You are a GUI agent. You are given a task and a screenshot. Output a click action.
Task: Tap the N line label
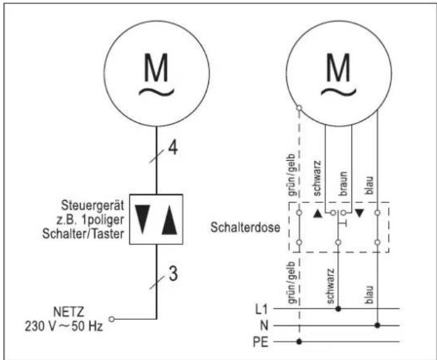point(261,324)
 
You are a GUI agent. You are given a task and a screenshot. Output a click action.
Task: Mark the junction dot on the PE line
point(299,341)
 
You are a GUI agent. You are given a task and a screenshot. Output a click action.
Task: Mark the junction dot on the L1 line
point(338,307)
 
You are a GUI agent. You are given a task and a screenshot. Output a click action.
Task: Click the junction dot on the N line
point(377,324)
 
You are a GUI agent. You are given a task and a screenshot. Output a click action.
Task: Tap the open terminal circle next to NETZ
point(112,319)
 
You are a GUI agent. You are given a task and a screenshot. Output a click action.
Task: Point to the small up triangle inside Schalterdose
point(317,213)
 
